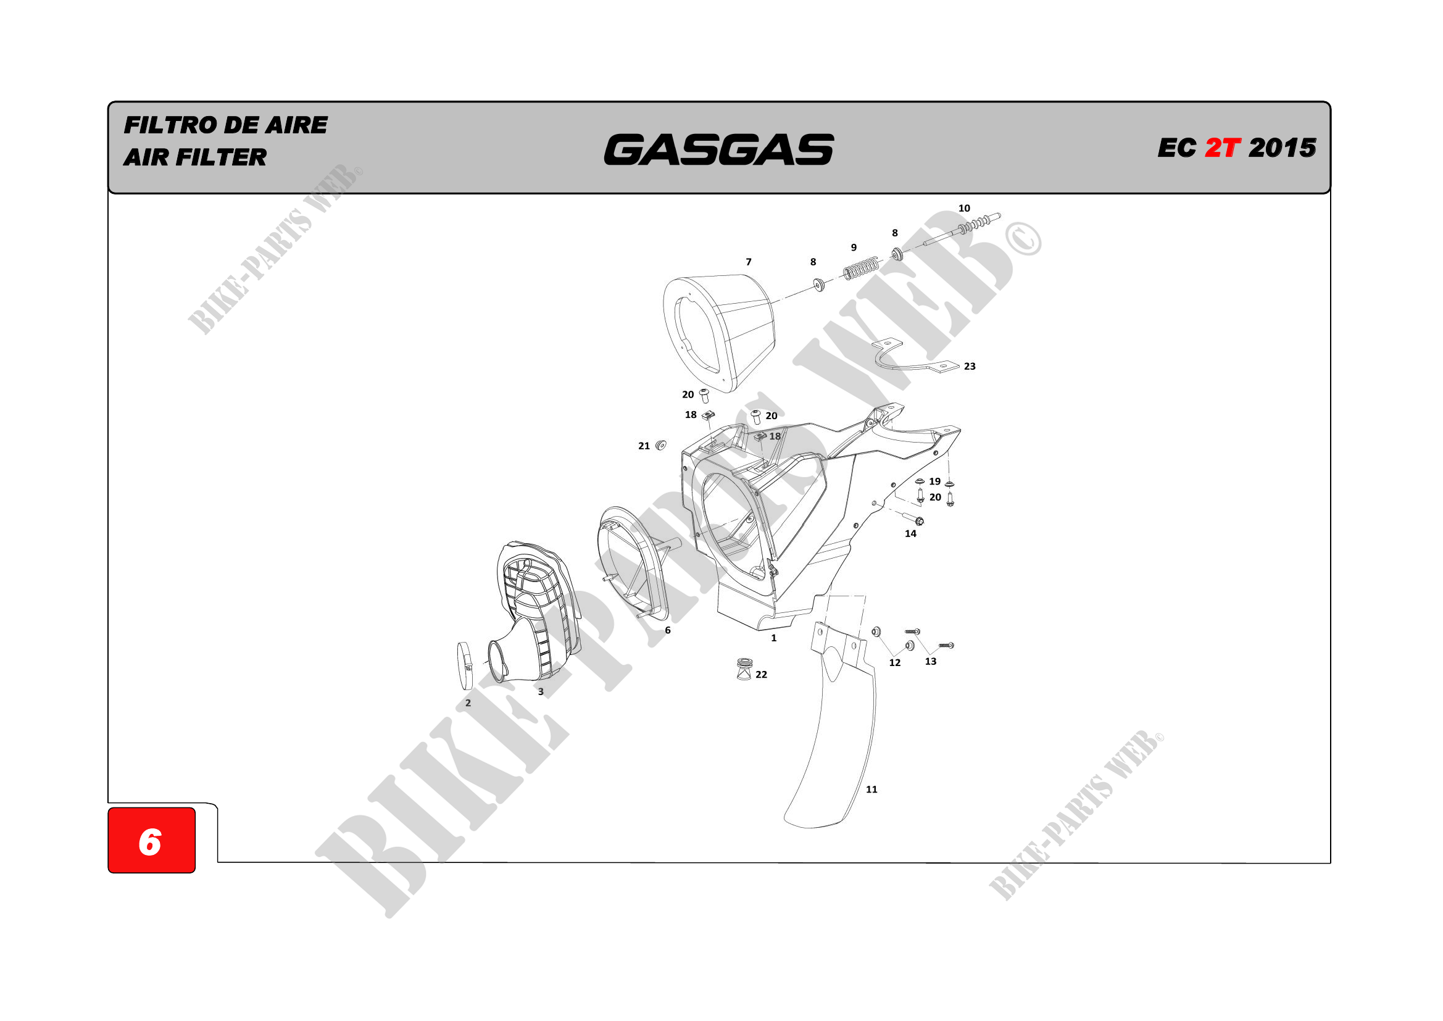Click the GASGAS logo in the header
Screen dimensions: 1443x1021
(718, 149)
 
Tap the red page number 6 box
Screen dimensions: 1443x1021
(151, 840)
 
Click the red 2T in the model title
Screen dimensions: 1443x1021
(1223, 148)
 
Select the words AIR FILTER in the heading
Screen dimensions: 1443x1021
(196, 157)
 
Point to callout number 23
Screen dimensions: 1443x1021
(970, 367)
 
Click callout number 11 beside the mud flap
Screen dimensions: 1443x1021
(871, 790)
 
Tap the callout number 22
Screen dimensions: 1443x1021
(761, 675)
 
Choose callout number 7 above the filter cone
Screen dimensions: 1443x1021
(749, 262)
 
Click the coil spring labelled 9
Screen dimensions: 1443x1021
(860, 269)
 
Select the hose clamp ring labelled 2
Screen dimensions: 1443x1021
(466, 665)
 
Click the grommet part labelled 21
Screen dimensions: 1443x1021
(660, 446)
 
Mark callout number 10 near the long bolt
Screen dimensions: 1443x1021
(964, 209)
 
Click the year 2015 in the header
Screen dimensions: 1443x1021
(1282, 148)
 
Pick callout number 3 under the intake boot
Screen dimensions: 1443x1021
(541, 692)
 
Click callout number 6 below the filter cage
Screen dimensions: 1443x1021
(667, 630)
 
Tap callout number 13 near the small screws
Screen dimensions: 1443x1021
(931, 661)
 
